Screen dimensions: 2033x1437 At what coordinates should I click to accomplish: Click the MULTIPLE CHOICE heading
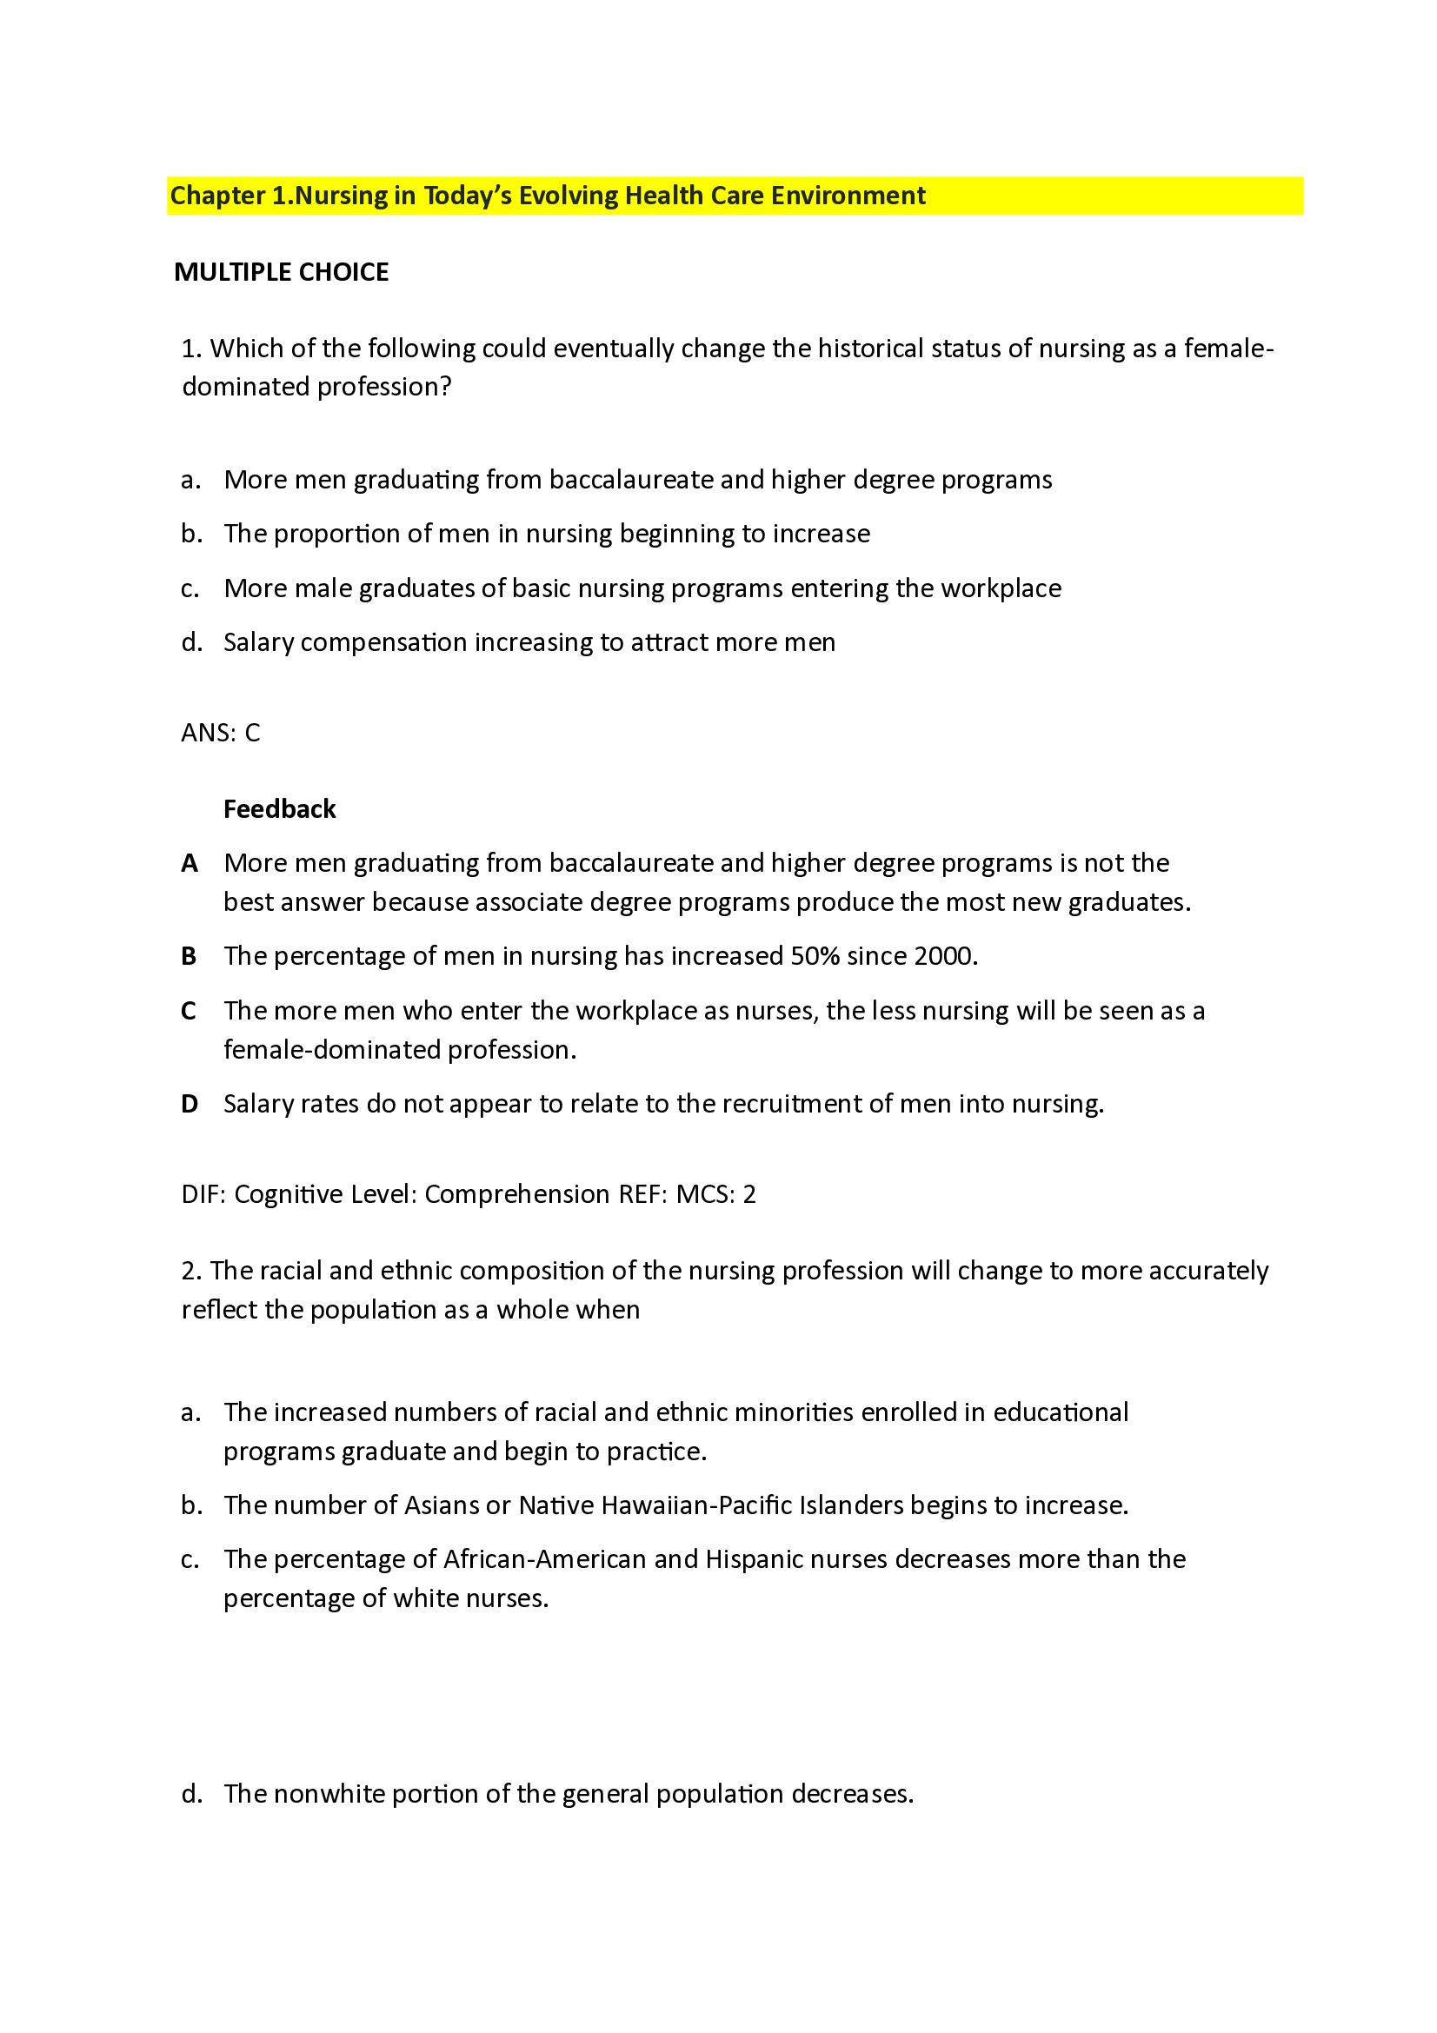coord(281,272)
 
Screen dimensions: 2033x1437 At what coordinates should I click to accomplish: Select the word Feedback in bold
coord(279,808)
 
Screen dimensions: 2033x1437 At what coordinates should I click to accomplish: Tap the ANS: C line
coord(221,732)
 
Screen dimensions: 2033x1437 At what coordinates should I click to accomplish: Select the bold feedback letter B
coord(189,956)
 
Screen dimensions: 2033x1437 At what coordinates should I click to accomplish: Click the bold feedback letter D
coord(189,1103)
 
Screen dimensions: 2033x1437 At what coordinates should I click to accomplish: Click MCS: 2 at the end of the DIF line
coord(715,1194)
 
